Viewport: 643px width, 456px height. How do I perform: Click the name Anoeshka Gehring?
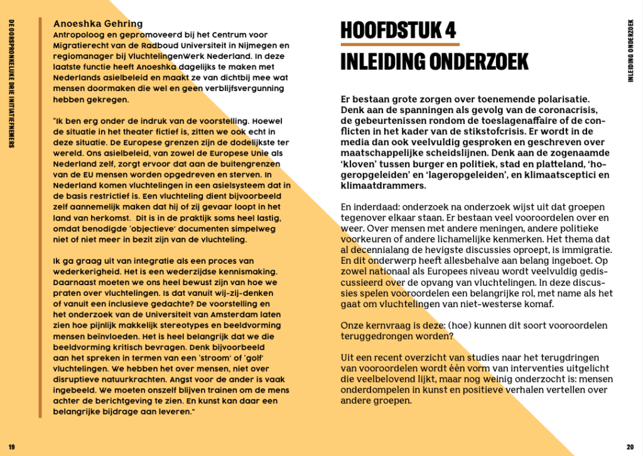98,24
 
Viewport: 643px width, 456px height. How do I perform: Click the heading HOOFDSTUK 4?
398,30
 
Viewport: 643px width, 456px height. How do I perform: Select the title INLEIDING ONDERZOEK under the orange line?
434,62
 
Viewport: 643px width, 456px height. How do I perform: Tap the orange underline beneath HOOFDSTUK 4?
400,45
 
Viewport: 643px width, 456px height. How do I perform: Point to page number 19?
12,447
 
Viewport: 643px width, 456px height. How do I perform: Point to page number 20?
630,447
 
